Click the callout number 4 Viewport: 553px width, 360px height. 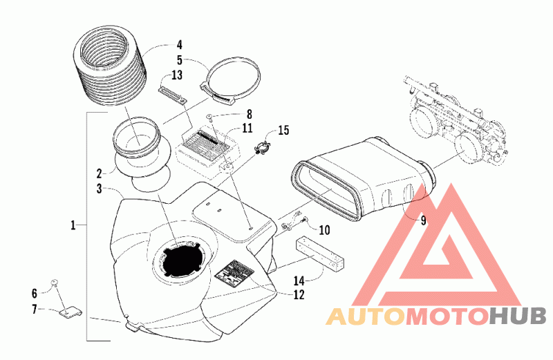180,45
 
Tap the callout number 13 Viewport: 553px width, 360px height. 177,75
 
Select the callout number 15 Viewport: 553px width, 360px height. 283,130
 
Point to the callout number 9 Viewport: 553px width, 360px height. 423,220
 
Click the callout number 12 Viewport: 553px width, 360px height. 299,294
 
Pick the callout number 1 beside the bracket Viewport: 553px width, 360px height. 73,225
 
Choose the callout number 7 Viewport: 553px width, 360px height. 35,310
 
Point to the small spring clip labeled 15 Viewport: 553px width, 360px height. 263,149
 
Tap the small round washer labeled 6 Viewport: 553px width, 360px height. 55,282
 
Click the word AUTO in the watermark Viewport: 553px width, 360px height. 365,316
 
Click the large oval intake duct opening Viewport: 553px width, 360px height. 325,190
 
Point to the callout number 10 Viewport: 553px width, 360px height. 324,230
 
